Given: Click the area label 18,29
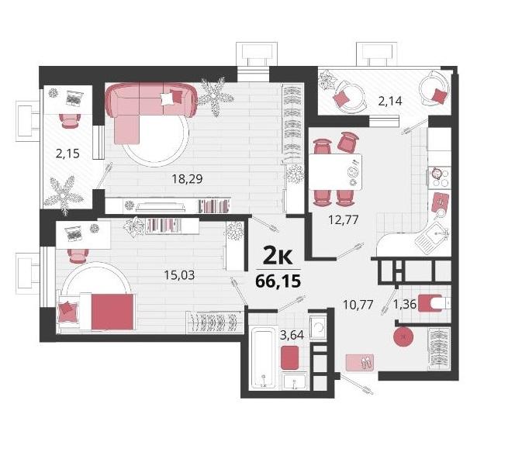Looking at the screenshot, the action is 187,179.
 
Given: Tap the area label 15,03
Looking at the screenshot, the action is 179,275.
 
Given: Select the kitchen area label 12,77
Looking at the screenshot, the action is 344,219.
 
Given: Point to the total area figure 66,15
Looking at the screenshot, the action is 278,281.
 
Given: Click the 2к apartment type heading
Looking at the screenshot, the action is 278,257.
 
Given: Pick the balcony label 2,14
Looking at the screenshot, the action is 390,101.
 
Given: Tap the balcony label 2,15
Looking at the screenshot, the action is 67,154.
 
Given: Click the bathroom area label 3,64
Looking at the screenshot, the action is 292,335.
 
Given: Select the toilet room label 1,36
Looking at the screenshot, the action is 405,305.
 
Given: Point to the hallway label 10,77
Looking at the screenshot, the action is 358,305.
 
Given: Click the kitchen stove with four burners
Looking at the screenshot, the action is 439,178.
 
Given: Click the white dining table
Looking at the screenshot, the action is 336,172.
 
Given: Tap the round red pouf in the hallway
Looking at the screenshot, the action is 403,336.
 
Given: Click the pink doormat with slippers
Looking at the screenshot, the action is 360,362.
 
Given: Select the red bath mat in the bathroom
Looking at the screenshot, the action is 290,357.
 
